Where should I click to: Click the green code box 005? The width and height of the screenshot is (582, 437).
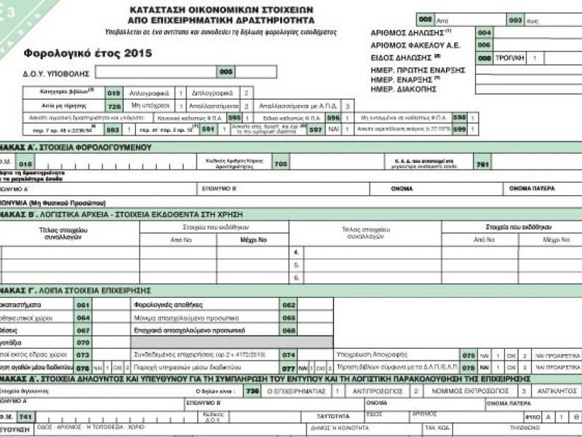click(x=226, y=71)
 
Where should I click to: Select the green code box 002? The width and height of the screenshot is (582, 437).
click(x=426, y=20)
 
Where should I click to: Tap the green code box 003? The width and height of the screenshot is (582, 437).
click(x=516, y=20)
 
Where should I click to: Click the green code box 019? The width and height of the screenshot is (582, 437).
click(x=113, y=93)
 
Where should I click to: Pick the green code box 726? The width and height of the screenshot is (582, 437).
click(x=113, y=106)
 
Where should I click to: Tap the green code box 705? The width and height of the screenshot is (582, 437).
click(x=280, y=164)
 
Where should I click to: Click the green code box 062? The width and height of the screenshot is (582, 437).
click(x=288, y=304)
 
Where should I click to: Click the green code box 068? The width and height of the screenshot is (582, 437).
click(x=288, y=330)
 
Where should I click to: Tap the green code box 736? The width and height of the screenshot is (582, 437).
click(x=252, y=391)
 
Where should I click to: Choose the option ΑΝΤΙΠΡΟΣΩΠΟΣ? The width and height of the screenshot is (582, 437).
click(x=371, y=391)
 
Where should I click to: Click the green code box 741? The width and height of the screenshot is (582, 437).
click(x=25, y=416)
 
